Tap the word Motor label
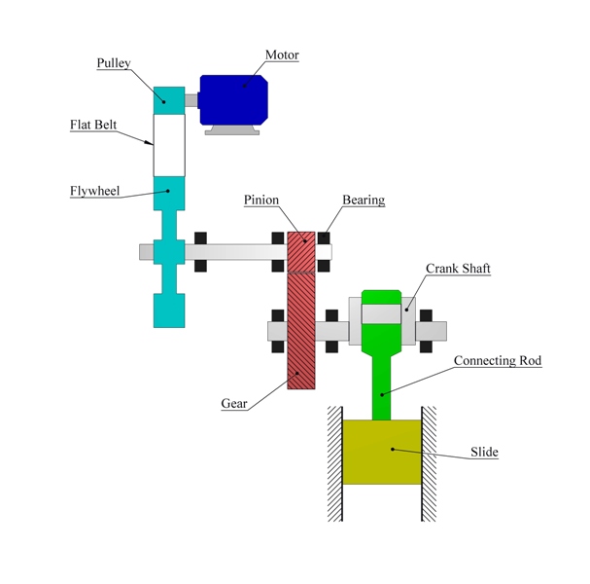pyautogui.click(x=282, y=55)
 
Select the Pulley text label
pyautogui.click(x=113, y=63)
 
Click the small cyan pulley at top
pyautogui.click(x=167, y=97)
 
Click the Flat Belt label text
pyautogui.click(x=95, y=125)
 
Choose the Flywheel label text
pyautogui.click(x=94, y=191)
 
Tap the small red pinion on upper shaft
pyautogui.click(x=301, y=251)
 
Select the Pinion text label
pyautogui.click(x=260, y=200)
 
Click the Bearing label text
pyautogui.click(x=363, y=200)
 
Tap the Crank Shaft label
pyautogui.click(x=457, y=269)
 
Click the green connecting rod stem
pyautogui.click(x=381, y=384)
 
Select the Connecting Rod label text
pyautogui.click(x=497, y=360)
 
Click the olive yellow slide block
pyautogui.click(x=381, y=452)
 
